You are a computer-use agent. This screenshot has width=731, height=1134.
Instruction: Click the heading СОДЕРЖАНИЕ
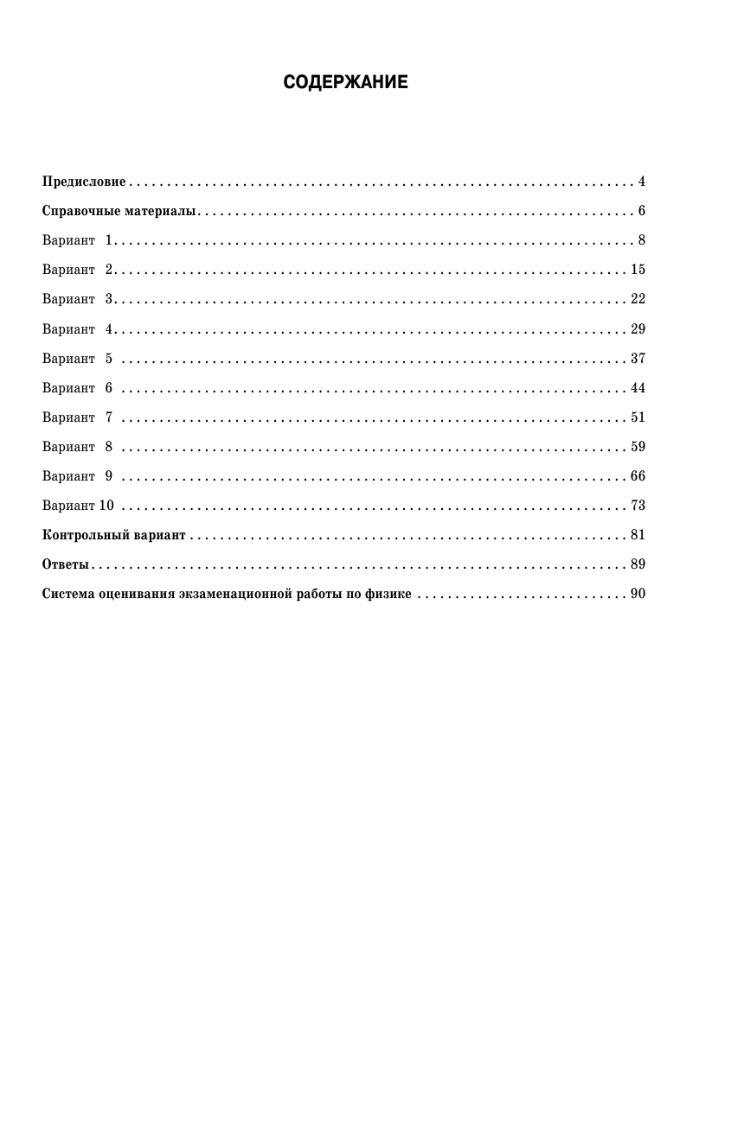click(x=345, y=83)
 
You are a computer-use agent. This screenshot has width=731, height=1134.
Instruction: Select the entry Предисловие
click(x=84, y=182)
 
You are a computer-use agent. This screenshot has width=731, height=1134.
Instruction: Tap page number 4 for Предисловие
click(x=642, y=182)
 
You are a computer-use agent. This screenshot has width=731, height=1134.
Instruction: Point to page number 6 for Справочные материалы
click(x=642, y=211)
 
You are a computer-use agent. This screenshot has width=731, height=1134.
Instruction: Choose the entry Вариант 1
click(x=78, y=240)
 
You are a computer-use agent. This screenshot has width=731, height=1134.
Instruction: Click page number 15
click(x=638, y=270)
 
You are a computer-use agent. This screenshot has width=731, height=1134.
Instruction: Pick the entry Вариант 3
click(x=78, y=299)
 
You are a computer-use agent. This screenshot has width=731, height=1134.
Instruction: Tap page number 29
click(x=638, y=329)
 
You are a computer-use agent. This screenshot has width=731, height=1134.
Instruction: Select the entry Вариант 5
click(x=78, y=359)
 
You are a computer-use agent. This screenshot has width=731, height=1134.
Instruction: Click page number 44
click(x=638, y=388)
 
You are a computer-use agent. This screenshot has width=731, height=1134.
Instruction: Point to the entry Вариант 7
click(x=78, y=417)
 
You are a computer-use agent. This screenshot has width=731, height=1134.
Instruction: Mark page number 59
click(x=638, y=447)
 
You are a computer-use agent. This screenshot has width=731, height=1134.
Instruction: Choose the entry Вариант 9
click(x=78, y=476)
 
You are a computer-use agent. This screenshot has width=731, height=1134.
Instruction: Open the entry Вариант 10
click(x=78, y=506)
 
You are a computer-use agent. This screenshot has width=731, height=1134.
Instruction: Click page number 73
click(x=638, y=506)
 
